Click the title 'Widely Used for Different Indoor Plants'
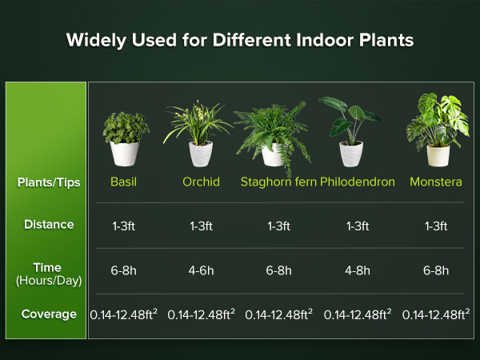[x=240, y=40]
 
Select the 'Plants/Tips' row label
[x=49, y=182]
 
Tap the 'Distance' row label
[x=49, y=225]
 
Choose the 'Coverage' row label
[x=49, y=314]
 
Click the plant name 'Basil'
[x=124, y=182]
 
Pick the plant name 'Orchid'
[x=201, y=182]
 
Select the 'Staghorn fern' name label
[x=278, y=182]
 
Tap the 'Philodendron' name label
[x=358, y=182]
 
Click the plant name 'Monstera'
[x=436, y=182]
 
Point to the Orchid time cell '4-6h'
[x=201, y=270]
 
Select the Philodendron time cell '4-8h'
[x=358, y=270]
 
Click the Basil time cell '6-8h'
[x=124, y=270]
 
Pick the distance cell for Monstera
[x=436, y=226]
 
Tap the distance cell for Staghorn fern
[x=278, y=226]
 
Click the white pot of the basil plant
[x=125, y=153]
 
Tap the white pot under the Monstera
[x=438, y=154]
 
